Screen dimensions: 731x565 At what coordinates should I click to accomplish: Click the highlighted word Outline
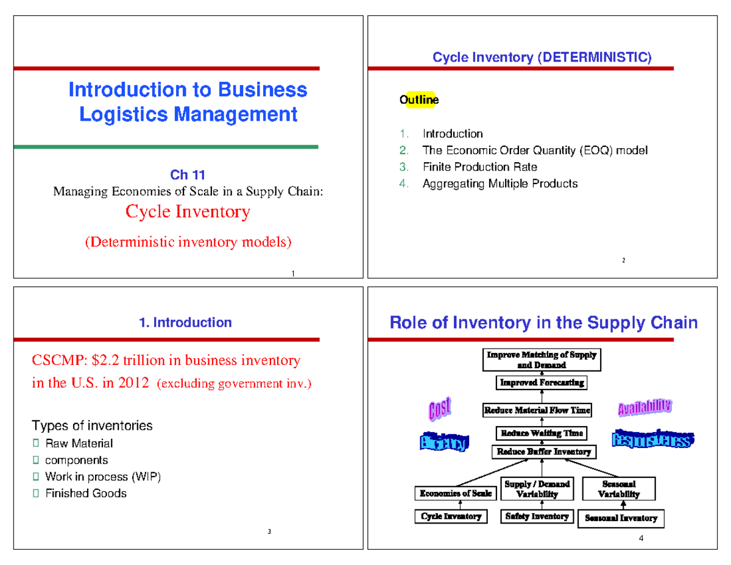coord(418,101)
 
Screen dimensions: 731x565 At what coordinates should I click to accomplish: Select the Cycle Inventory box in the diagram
coord(451,517)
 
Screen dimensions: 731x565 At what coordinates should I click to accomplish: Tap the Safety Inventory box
coord(537,517)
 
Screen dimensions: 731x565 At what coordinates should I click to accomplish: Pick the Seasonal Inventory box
coord(621,519)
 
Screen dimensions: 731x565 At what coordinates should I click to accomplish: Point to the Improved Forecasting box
coord(542,383)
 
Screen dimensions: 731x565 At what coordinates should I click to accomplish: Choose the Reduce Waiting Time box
coord(542,433)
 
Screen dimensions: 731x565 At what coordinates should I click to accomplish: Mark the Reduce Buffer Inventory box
coord(543,452)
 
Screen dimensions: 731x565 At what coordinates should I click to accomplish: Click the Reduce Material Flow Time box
coord(537,410)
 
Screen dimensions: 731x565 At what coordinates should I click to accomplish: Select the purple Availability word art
coord(644,407)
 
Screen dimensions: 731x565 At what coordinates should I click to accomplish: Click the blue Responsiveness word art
coord(652,438)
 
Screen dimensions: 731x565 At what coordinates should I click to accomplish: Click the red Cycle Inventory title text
coord(188,212)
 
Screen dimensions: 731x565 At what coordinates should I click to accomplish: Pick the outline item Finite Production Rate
coord(479,167)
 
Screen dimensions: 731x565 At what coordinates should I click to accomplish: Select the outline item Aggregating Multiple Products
coord(500,183)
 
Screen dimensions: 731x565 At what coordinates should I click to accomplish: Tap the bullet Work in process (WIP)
coord(104,477)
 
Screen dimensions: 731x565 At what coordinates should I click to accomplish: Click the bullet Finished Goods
coord(86,493)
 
